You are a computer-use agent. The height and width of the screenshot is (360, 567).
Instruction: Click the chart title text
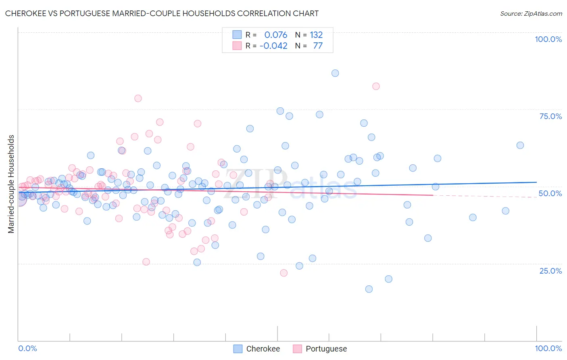pyautogui.click(x=162, y=13)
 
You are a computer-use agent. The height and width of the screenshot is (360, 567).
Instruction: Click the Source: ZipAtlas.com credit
pyautogui.click(x=531, y=13)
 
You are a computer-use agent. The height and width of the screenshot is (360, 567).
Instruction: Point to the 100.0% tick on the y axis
pyautogui.click(x=548, y=39)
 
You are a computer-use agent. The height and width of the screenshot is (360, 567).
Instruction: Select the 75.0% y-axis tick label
pyautogui.click(x=550, y=116)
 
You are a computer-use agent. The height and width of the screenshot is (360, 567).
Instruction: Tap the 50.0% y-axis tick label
pyautogui.click(x=550, y=193)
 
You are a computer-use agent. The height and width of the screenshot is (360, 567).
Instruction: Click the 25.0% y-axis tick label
pyautogui.click(x=550, y=271)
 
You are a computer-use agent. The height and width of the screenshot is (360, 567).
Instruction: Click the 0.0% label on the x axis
pyautogui.click(x=27, y=348)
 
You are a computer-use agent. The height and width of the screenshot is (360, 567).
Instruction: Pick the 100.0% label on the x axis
pyautogui.click(x=548, y=348)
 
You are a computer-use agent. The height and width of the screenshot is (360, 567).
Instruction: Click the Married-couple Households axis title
pyautogui.click(x=11, y=184)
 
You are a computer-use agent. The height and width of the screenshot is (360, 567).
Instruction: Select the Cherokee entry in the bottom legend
pyautogui.click(x=263, y=349)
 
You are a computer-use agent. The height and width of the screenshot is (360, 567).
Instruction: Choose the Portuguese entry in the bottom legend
pyautogui.click(x=326, y=349)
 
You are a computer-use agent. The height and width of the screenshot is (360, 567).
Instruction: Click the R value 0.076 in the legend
pyautogui.click(x=276, y=35)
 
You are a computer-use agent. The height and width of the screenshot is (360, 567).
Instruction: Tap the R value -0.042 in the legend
pyautogui.click(x=273, y=46)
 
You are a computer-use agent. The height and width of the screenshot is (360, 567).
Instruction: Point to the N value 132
pyautogui.click(x=316, y=35)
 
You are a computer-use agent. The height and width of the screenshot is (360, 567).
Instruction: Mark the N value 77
pyautogui.click(x=318, y=46)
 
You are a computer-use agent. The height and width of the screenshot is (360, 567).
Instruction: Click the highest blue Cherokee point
pyautogui.click(x=335, y=73)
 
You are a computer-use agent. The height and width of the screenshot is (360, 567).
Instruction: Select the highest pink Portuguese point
pyautogui.click(x=376, y=86)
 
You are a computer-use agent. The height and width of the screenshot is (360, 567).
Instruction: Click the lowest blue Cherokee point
pyautogui.click(x=369, y=289)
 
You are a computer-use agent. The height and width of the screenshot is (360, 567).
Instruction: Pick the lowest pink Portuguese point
pyautogui.click(x=283, y=273)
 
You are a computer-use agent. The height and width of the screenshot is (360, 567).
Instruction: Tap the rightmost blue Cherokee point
pyautogui.click(x=520, y=145)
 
